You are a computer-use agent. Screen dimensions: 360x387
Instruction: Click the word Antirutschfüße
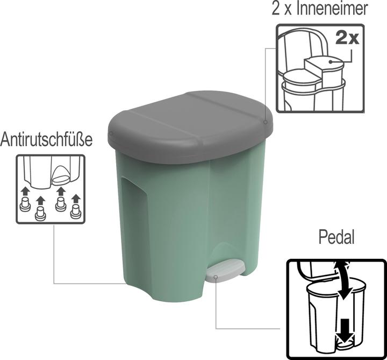(x=46, y=140)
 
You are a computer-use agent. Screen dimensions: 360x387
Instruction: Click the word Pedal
(x=336, y=237)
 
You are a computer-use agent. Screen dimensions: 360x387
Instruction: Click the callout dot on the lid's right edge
(x=266, y=122)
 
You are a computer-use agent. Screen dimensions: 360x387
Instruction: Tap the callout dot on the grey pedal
(x=216, y=278)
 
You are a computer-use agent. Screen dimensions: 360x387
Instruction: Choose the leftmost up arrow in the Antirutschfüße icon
(x=25, y=191)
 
